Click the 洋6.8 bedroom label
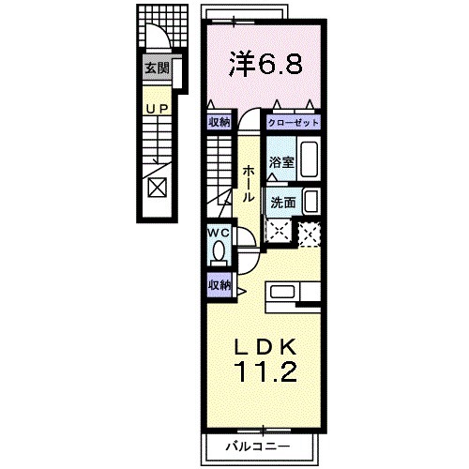265,67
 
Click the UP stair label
156,109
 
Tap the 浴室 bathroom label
280,162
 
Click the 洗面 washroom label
283,201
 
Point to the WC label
217,232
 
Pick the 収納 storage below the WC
219,281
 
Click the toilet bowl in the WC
217,251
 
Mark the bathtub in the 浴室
310,162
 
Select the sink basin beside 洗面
311,201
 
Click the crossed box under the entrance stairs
156,187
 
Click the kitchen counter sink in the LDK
285,294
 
